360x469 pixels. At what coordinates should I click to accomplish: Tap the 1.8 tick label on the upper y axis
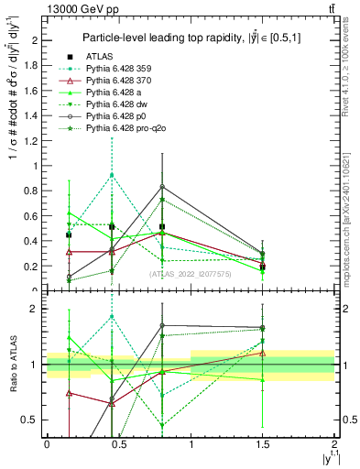click(31, 65)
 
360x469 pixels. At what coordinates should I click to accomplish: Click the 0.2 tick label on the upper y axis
click(31, 267)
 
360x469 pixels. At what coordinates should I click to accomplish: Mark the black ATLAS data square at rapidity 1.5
click(263, 267)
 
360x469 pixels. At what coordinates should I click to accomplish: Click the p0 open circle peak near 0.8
click(162, 187)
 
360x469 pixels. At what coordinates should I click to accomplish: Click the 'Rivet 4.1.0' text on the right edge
click(352, 82)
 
